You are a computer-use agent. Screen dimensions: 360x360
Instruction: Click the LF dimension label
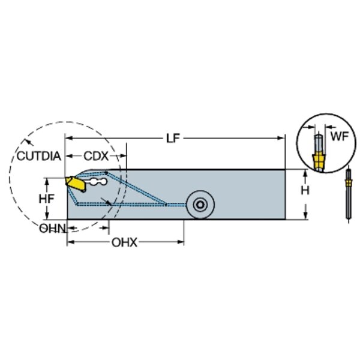tap(173, 138)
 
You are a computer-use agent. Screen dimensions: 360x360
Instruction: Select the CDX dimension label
tap(95, 156)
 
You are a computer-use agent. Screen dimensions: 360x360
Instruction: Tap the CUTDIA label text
tap(38, 157)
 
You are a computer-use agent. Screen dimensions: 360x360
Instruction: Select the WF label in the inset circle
tap(339, 137)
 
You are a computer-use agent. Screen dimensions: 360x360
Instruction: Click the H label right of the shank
tap(305, 190)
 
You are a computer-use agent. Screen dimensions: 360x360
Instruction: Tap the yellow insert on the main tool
tap(73, 182)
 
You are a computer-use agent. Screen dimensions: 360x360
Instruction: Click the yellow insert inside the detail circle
tap(319, 160)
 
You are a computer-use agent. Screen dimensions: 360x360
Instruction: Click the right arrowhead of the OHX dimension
tap(181, 242)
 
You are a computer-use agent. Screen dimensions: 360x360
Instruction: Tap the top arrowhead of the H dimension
tap(305, 173)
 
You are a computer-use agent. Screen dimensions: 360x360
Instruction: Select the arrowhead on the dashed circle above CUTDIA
tap(26, 142)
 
